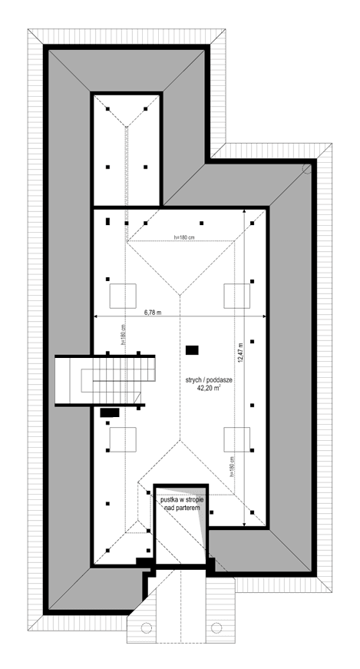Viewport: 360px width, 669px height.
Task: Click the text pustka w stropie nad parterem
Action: click(x=180, y=504)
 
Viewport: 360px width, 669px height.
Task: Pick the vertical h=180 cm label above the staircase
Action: click(x=123, y=336)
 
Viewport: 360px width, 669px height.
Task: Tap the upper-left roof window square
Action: click(x=124, y=296)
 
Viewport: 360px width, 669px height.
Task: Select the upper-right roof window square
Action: click(x=236, y=296)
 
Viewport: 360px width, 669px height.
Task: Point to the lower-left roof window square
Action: click(x=124, y=439)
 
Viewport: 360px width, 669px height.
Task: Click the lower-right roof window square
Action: click(x=236, y=439)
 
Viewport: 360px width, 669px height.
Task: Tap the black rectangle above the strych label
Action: click(x=192, y=350)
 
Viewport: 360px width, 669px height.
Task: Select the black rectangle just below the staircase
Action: click(x=111, y=412)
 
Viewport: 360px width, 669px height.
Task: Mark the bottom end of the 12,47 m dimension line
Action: click(x=245, y=525)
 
